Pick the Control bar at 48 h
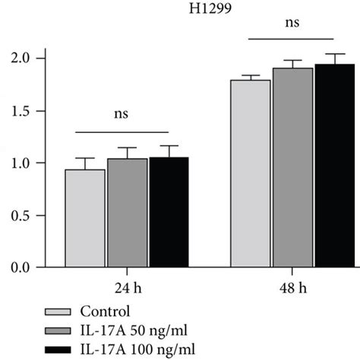pyautogui.click(x=251, y=174)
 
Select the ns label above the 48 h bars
pyautogui.click(x=292, y=24)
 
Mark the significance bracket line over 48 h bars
pyautogui.click(x=292, y=39)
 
